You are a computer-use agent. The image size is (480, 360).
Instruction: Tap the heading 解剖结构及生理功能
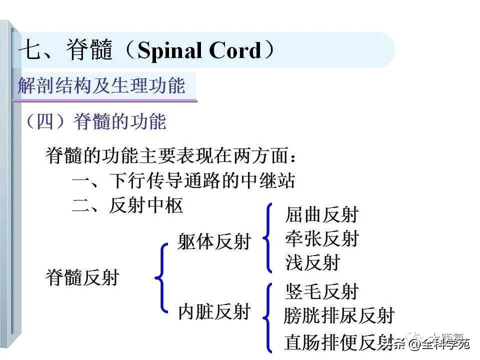pyautogui.click(x=101, y=86)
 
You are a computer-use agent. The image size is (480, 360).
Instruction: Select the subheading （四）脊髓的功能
pyautogui.click(x=95, y=121)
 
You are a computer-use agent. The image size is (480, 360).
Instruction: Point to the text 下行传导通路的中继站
pyautogui.click(x=202, y=180)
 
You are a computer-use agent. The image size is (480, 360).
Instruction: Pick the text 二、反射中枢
pyautogui.click(x=127, y=205)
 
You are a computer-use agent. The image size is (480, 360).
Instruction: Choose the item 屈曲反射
pyautogui.click(x=322, y=214)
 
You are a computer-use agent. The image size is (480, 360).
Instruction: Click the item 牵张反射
pyautogui.click(x=322, y=238)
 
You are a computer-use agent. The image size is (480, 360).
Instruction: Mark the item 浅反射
pyautogui.click(x=312, y=262)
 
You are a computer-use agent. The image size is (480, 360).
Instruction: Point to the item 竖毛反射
pyautogui.click(x=322, y=291)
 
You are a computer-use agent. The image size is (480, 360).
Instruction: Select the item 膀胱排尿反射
pyautogui.click(x=339, y=315)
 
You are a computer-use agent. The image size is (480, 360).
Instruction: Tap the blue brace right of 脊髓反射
pyautogui.click(x=161, y=277)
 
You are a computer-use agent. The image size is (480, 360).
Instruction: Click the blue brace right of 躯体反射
pyautogui.click(x=269, y=238)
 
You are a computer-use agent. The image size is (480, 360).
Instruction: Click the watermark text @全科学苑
pyautogui.click(x=440, y=343)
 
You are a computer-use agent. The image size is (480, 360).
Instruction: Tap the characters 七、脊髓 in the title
pyautogui.click(x=65, y=51)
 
